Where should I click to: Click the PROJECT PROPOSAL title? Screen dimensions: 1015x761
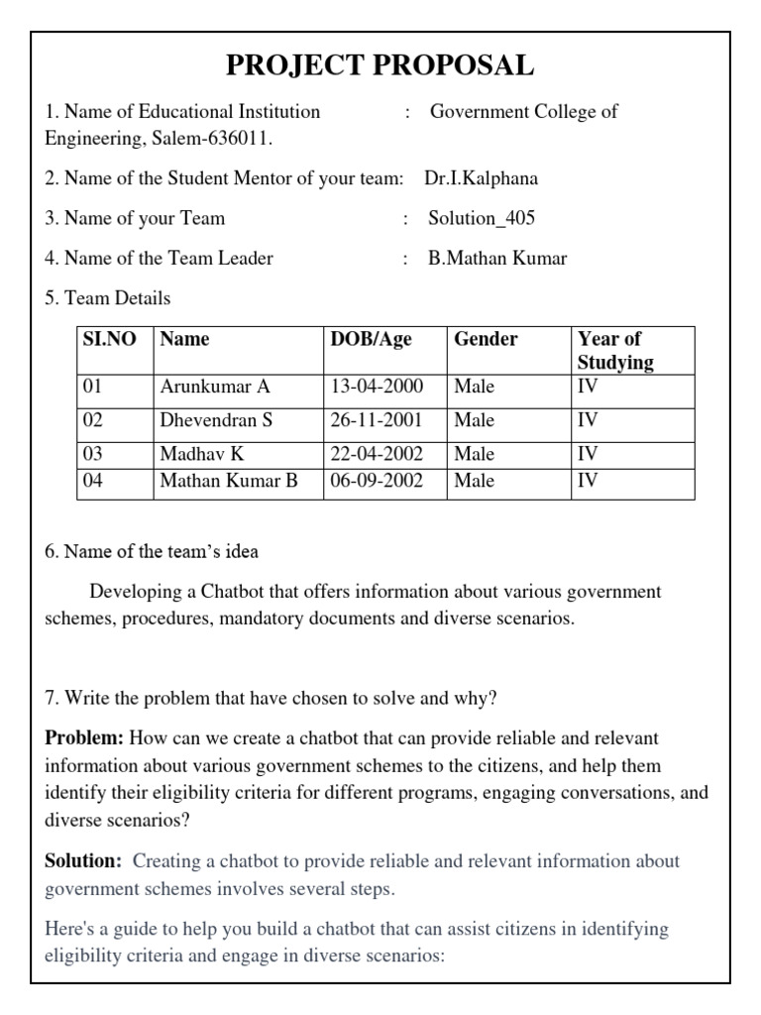(x=380, y=65)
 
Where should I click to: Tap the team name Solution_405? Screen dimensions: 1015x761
(x=481, y=218)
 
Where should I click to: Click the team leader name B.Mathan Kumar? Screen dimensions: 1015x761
(x=497, y=258)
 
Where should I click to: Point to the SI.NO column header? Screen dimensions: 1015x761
(x=108, y=339)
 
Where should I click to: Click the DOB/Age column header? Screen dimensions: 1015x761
(x=371, y=339)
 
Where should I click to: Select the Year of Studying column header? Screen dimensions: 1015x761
(x=615, y=350)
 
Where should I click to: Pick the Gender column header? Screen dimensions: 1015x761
(x=486, y=339)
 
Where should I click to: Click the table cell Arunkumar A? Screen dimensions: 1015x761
(x=215, y=387)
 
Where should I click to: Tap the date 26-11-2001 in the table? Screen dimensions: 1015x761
(x=377, y=420)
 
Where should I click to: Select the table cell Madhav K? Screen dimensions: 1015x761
(x=202, y=454)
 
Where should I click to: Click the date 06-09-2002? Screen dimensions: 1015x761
(x=377, y=481)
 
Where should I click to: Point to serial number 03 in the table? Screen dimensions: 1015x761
(x=92, y=454)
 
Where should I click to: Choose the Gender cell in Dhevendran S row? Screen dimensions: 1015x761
(x=474, y=420)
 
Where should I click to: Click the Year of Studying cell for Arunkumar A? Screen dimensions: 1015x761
(x=588, y=387)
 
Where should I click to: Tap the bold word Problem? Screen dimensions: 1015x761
(x=84, y=738)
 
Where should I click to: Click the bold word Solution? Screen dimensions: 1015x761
(x=83, y=861)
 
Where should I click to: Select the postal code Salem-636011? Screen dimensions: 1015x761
(x=211, y=138)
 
